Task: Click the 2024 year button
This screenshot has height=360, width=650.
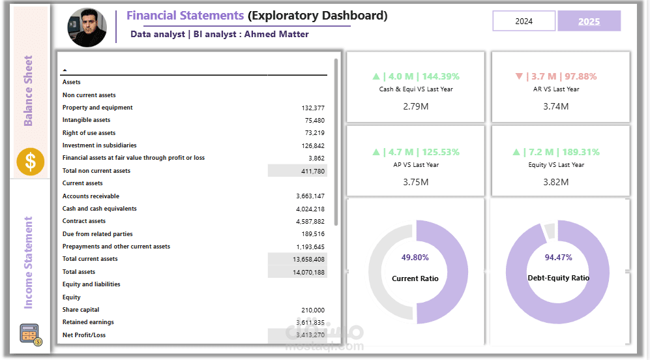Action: (x=524, y=21)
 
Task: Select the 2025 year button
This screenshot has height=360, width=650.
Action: (x=589, y=21)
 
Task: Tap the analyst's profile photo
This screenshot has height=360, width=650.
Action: (x=87, y=25)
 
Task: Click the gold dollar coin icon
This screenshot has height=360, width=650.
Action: (x=30, y=162)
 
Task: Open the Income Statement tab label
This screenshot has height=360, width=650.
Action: (x=29, y=263)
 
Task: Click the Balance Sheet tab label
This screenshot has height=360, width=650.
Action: (x=29, y=91)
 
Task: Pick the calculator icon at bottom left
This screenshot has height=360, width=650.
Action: (x=30, y=334)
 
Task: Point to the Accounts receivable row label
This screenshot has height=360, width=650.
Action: (x=91, y=196)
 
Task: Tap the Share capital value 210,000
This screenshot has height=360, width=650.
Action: (x=313, y=310)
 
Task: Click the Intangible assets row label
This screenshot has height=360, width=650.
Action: (x=86, y=120)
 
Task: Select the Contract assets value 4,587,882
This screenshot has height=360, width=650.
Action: (x=310, y=221)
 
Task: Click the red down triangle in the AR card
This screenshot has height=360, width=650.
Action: (x=519, y=76)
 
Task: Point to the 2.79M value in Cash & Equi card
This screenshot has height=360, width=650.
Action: (x=416, y=106)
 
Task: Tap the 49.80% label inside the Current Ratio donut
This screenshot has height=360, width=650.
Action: (x=415, y=258)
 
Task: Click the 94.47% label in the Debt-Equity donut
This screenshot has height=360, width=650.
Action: (x=558, y=258)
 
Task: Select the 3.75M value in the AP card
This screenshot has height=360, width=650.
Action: (x=416, y=182)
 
